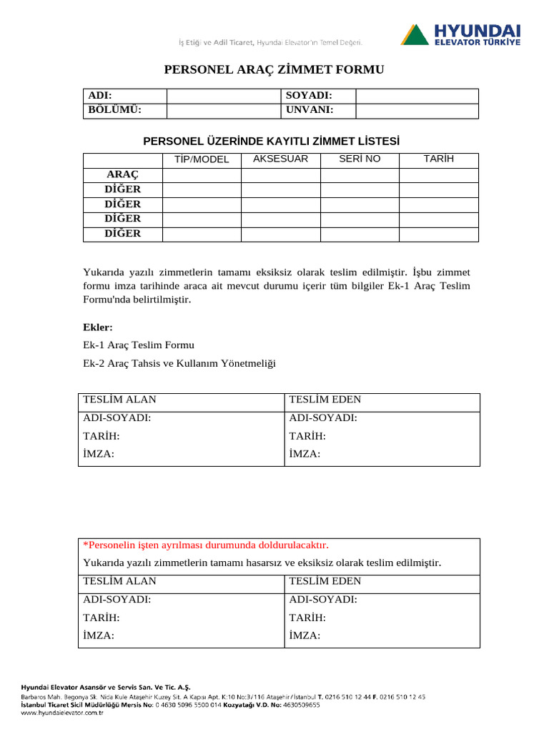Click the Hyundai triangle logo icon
click(415, 34)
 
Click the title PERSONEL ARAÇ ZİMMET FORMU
click(274, 69)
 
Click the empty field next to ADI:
click(224, 96)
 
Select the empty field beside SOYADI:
click(417, 96)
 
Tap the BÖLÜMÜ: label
click(114, 110)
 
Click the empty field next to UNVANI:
click(417, 110)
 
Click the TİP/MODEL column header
click(202, 159)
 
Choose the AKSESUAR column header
click(280, 159)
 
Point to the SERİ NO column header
click(360, 159)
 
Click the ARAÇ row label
click(123, 175)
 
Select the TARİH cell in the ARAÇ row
click(438, 175)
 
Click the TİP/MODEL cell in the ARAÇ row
click(202, 175)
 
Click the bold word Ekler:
click(98, 327)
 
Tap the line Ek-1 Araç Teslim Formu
click(139, 345)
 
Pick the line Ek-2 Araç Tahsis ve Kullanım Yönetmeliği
click(179, 363)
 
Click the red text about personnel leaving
click(206, 545)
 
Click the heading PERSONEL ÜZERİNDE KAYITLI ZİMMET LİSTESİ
click(272, 142)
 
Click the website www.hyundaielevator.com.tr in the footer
click(63, 713)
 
